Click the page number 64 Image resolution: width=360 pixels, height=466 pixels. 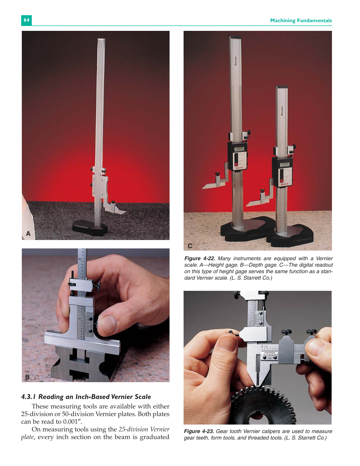tap(26, 20)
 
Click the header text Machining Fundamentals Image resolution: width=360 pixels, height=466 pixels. tap(301, 21)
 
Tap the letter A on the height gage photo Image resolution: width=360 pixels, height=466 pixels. tap(28, 233)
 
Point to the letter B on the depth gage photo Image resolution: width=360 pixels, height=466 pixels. tap(27, 377)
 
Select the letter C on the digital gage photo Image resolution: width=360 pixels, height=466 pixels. tap(190, 246)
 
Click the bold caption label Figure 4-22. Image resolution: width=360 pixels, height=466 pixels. tap(199, 258)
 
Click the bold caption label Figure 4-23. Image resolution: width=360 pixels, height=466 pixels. tap(199, 431)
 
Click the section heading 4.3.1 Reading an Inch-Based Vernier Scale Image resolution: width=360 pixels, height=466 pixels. tap(86, 397)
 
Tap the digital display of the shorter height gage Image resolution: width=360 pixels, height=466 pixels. tap(285, 164)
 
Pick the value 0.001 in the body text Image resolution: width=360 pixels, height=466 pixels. tap(70, 422)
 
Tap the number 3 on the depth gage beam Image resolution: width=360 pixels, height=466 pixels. tap(80, 259)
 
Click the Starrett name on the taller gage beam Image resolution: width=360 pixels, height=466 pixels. tap(236, 61)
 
